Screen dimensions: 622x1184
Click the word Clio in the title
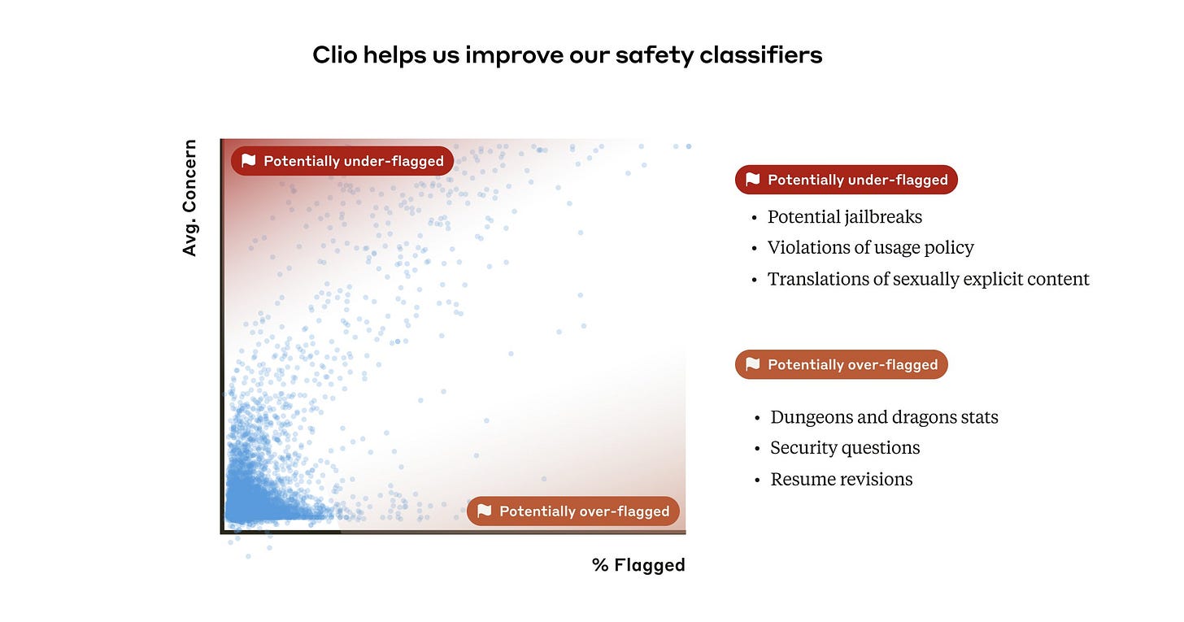click(x=334, y=55)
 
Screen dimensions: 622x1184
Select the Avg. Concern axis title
click(x=189, y=198)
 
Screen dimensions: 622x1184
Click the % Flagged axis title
click(x=638, y=564)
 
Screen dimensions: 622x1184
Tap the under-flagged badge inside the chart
click(x=342, y=161)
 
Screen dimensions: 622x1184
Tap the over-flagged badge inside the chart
click(x=572, y=511)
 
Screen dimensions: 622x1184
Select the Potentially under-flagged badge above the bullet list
click(x=846, y=180)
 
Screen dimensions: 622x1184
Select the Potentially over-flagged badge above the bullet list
click(x=841, y=364)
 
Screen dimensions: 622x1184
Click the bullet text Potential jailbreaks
click(x=844, y=217)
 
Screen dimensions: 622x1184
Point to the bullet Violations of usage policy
click(x=870, y=248)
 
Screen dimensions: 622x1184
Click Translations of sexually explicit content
click(x=928, y=279)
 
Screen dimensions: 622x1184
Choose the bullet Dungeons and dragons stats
click(x=884, y=417)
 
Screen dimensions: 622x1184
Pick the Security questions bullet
click(x=845, y=448)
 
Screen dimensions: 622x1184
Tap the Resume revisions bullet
click(x=841, y=480)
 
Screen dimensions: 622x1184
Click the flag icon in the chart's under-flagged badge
click(x=249, y=161)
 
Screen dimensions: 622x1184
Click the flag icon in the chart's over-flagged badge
click(x=485, y=511)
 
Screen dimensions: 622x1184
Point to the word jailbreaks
click(x=883, y=217)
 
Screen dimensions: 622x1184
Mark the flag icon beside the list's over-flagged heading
click(x=753, y=364)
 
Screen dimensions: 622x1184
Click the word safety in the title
click(x=645, y=55)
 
